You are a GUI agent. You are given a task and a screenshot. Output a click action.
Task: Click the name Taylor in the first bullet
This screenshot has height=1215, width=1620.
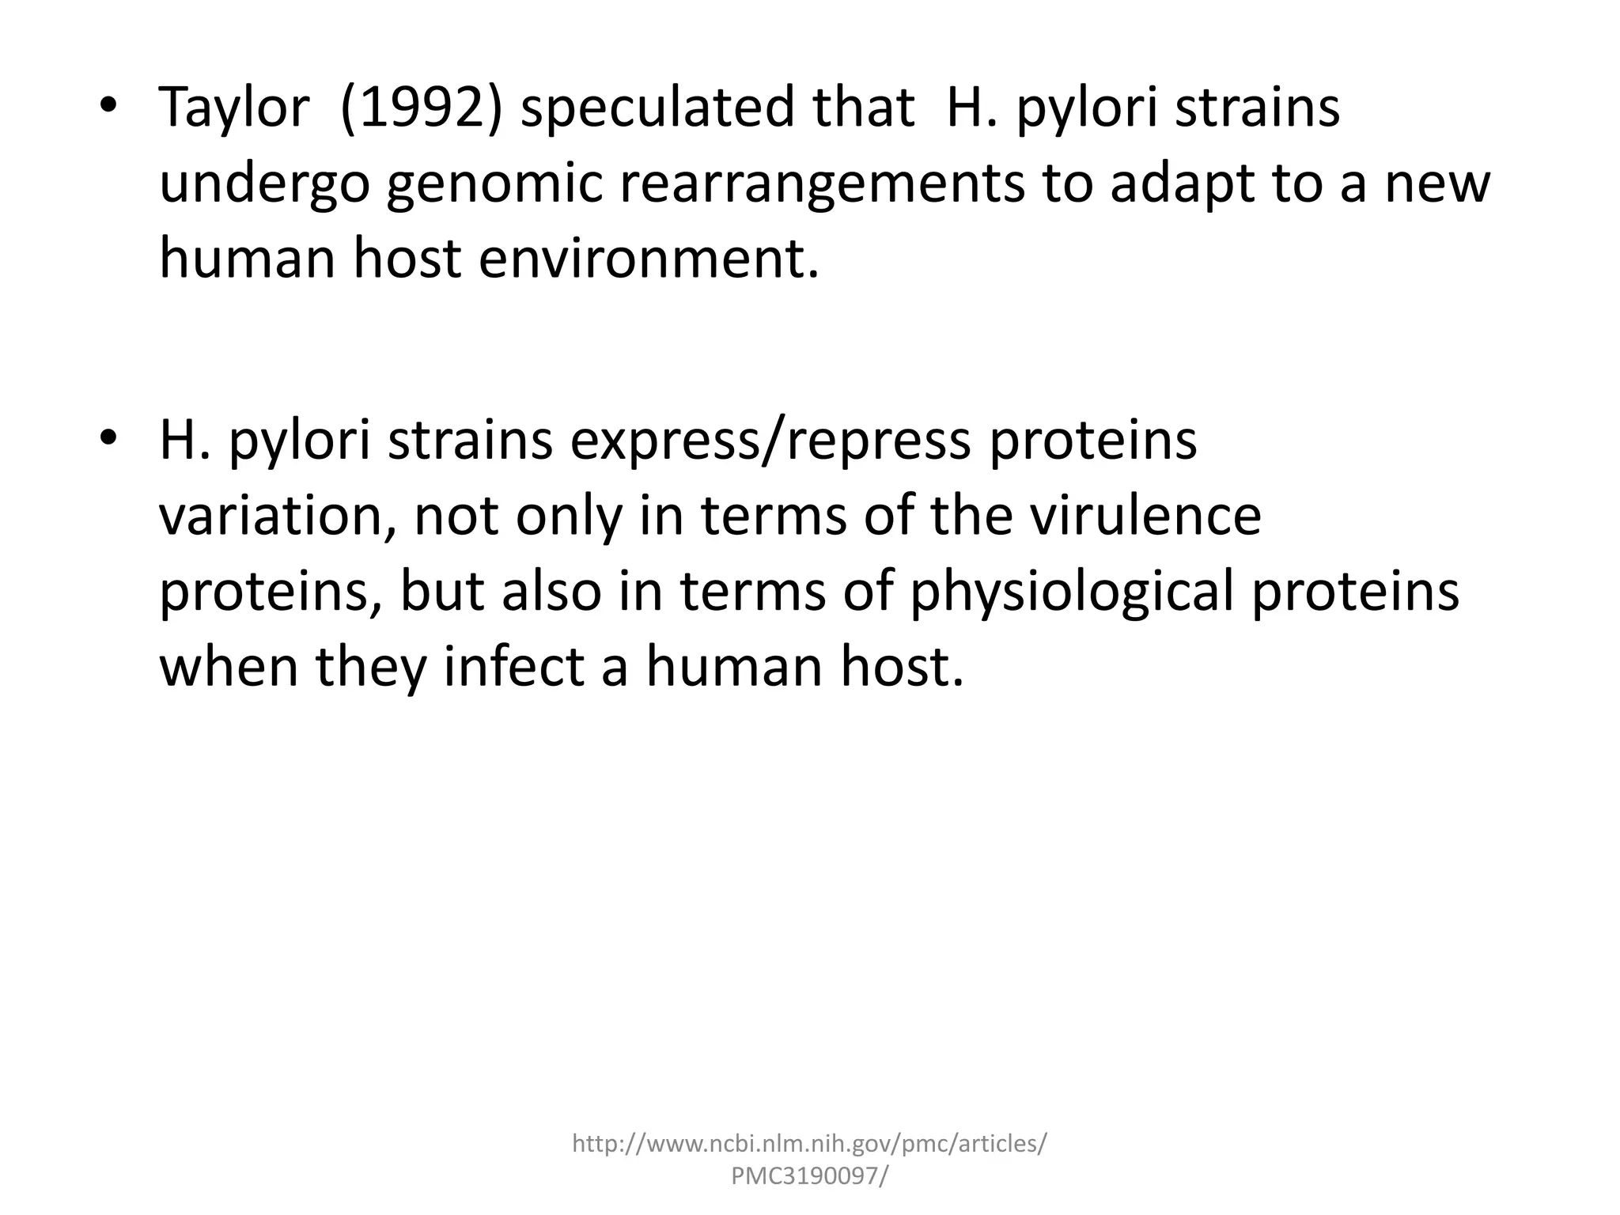[x=233, y=108]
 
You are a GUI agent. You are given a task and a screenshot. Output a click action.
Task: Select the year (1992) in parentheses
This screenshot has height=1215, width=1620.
[x=420, y=108]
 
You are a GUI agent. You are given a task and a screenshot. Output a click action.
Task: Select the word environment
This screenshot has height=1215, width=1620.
[x=649, y=259]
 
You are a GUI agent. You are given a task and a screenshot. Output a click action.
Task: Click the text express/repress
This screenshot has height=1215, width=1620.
[x=770, y=441]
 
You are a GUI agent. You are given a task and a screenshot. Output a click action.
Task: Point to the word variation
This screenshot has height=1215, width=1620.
[x=277, y=517]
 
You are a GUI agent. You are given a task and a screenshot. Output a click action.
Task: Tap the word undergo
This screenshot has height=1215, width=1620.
[x=264, y=184]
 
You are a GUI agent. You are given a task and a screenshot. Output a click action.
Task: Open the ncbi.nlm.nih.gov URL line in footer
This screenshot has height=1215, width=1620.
[x=809, y=1144]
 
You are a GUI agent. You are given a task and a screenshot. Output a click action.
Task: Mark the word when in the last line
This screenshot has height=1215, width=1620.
[x=229, y=667]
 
